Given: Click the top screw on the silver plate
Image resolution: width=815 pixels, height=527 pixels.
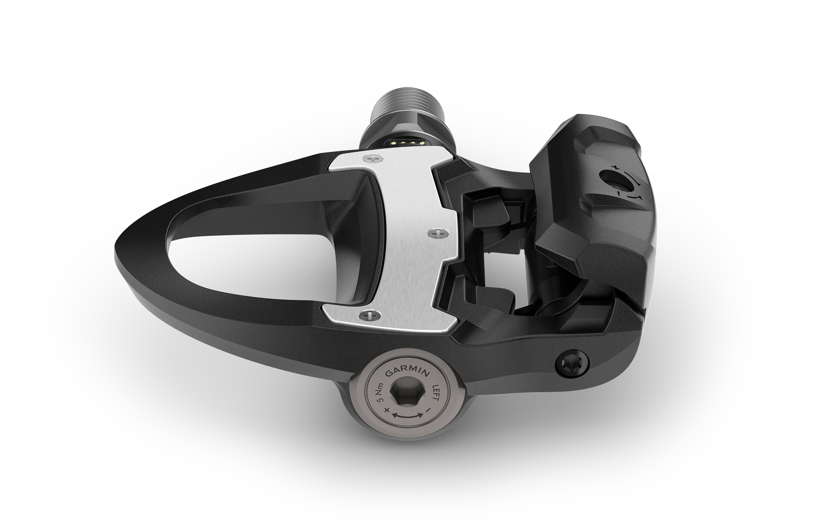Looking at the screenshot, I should (373, 158).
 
